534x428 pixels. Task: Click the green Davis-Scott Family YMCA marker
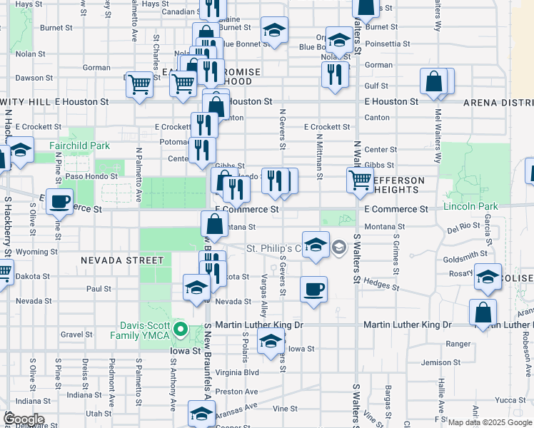pyautogui.click(x=181, y=329)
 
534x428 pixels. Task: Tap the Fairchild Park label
pyautogui.click(x=79, y=146)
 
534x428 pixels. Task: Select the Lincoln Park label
pyautogui.click(x=469, y=207)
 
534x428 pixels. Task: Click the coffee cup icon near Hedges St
pyautogui.click(x=313, y=290)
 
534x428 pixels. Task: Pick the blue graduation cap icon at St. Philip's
pyautogui.click(x=315, y=245)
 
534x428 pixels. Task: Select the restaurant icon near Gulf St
pyautogui.click(x=335, y=74)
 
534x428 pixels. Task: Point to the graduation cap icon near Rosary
pyautogui.click(x=488, y=277)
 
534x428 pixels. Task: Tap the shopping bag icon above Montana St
pyautogui.click(x=215, y=225)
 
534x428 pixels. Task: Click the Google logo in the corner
pyautogui.click(x=24, y=419)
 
